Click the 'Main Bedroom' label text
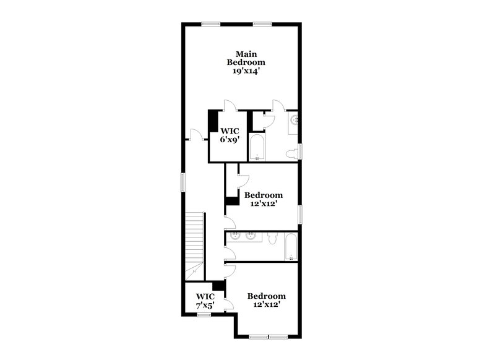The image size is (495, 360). pyautogui.click(x=246, y=58)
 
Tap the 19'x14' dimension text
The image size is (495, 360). pyautogui.click(x=246, y=72)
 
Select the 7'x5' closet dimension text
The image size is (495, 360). pyautogui.click(x=205, y=306)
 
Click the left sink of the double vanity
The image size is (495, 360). pyautogui.click(x=236, y=236)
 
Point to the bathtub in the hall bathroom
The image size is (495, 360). pyautogui.click(x=291, y=249)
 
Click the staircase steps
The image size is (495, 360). pyautogui.click(x=195, y=238)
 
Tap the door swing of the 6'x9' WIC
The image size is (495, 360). pyautogui.click(x=228, y=105)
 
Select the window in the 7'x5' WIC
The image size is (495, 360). pyautogui.click(x=203, y=315)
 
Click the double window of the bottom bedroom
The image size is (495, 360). pyautogui.click(x=268, y=336)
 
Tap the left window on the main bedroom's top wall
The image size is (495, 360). pyautogui.click(x=210, y=24)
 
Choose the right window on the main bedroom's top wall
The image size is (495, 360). pyautogui.click(x=262, y=24)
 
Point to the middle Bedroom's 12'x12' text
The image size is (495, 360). pyautogui.click(x=264, y=203)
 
